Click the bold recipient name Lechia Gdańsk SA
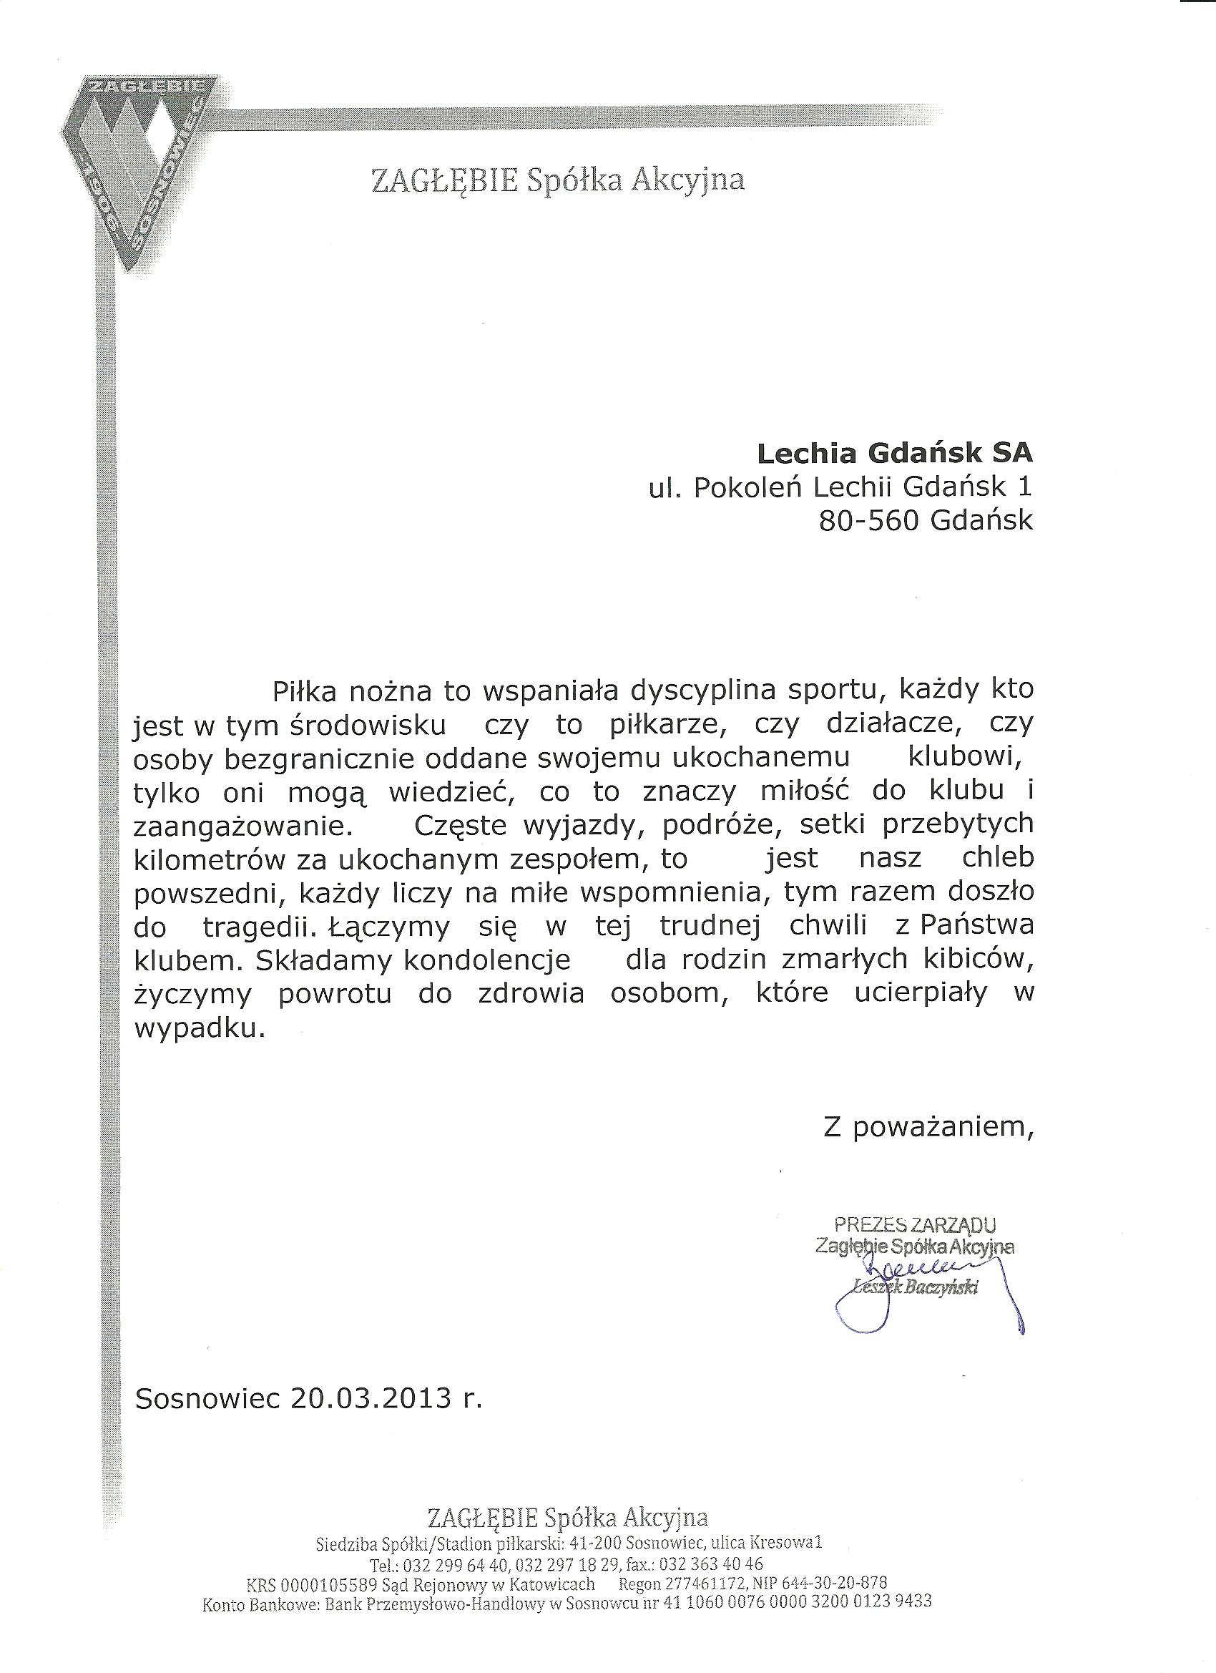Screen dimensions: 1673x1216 click(x=895, y=452)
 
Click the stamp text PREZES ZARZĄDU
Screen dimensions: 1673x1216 click(x=914, y=1225)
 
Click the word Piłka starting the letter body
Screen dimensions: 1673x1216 click(x=305, y=691)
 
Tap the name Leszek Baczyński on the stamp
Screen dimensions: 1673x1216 click(x=914, y=1287)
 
